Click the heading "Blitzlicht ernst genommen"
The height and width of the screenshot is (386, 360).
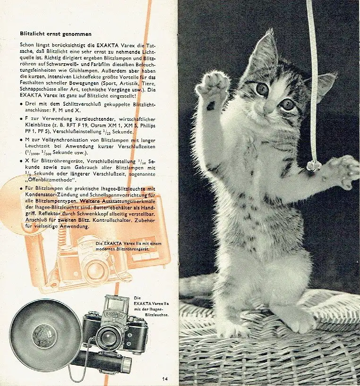(56, 34)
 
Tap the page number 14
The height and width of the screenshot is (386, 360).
(165, 378)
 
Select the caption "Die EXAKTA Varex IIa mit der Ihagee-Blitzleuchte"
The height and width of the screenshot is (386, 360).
(151, 306)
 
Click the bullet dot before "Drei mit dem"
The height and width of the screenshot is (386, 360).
(22, 104)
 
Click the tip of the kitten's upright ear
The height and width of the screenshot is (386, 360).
(272, 30)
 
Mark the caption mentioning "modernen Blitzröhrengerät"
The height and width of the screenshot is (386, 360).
(129, 246)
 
